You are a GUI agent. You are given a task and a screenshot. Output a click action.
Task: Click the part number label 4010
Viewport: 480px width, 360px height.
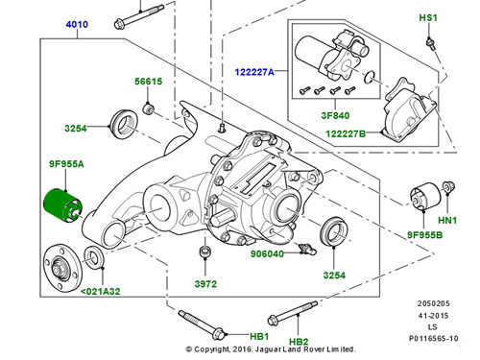point(77,24)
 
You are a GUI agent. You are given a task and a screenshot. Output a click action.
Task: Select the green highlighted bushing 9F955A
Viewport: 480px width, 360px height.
point(62,205)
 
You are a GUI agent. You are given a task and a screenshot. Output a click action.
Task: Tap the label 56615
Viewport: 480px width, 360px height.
point(148,82)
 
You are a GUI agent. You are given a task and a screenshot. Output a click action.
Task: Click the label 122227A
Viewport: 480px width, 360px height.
point(254,72)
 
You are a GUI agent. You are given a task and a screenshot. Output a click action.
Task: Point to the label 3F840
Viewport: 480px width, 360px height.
point(335,115)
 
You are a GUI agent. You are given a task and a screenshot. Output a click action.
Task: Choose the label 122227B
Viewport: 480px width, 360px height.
point(346,133)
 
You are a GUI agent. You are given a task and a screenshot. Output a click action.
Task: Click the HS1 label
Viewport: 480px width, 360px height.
point(428,17)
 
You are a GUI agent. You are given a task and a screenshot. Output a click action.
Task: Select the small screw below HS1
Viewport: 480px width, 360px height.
point(430,44)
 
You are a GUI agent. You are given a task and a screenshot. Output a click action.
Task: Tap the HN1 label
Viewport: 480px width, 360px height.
point(447,220)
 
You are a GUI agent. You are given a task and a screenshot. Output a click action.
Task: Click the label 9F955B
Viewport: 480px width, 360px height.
point(424,235)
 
